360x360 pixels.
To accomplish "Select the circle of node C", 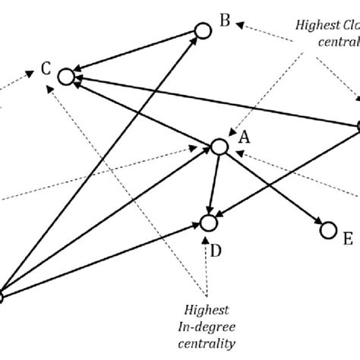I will click(x=65, y=76).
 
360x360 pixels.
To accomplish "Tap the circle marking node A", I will click(x=219, y=147).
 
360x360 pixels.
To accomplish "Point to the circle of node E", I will click(x=328, y=229).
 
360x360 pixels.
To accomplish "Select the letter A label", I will click(x=244, y=137).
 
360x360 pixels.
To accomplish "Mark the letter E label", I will click(x=347, y=239).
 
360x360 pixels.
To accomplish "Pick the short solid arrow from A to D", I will click(x=214, y=182).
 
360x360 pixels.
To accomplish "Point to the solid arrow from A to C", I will click(x=144, y=112).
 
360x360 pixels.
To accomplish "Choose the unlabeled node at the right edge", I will click(x=357, y=126).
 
